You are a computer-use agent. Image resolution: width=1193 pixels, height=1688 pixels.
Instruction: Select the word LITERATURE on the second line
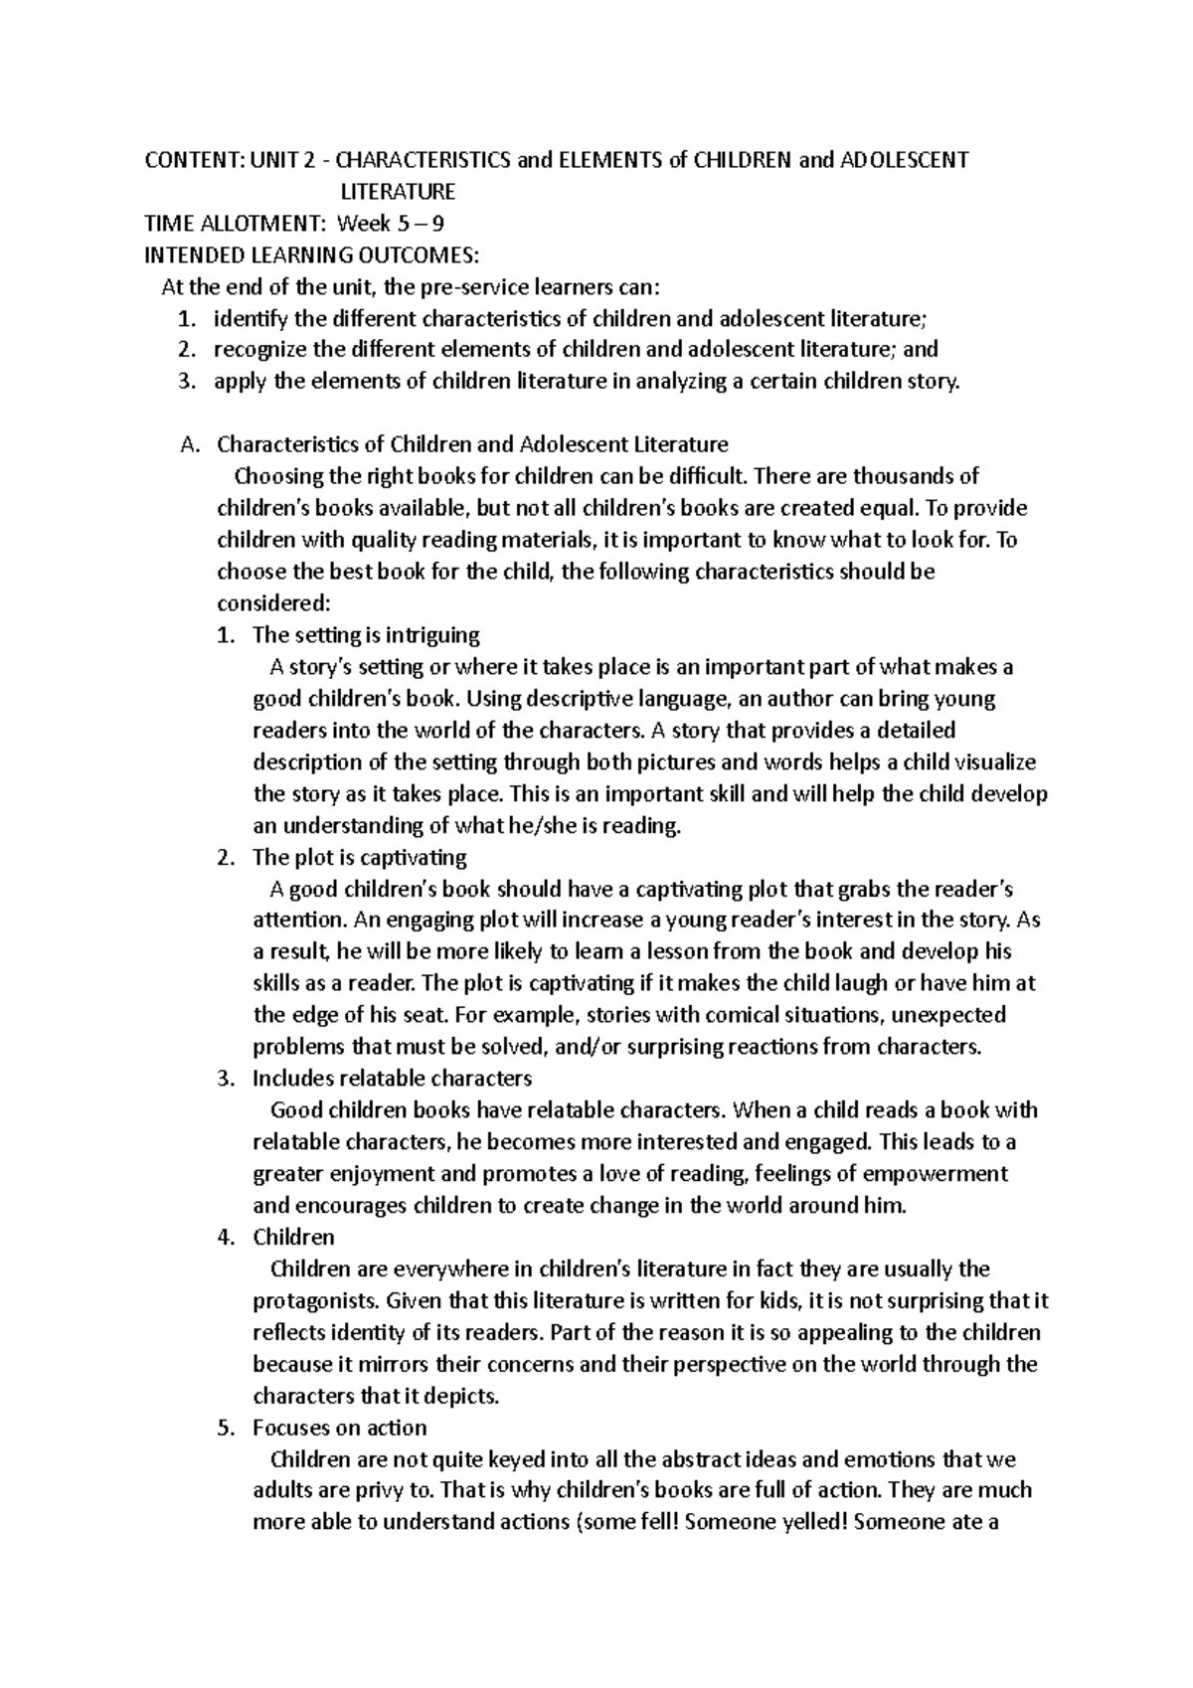[x=398, y=192]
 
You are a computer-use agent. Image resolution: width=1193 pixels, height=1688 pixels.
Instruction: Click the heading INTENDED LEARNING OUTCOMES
[x=311, y=255]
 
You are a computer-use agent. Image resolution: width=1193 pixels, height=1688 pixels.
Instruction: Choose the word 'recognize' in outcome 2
[x=260, y=350]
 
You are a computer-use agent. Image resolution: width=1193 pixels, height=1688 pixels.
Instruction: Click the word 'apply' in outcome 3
[x=240, y=382]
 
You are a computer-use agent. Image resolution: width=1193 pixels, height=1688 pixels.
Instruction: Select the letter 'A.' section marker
[x=192, y=444]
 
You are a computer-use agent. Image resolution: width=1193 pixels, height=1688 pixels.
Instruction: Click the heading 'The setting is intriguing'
[x=366, y=635]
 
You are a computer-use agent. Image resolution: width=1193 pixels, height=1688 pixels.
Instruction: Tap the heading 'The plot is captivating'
[x=359, y=857]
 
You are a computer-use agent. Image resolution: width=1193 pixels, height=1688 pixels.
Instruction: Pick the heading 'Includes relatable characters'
[x=392, y=1079]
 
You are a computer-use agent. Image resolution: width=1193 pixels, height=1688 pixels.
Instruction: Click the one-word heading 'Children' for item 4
[x=293, y=1238]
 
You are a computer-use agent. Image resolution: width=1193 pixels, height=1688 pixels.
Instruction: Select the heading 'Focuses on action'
[x=339, y=1429]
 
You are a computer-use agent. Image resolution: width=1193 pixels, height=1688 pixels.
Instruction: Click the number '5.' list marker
[x=226, y=1429]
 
